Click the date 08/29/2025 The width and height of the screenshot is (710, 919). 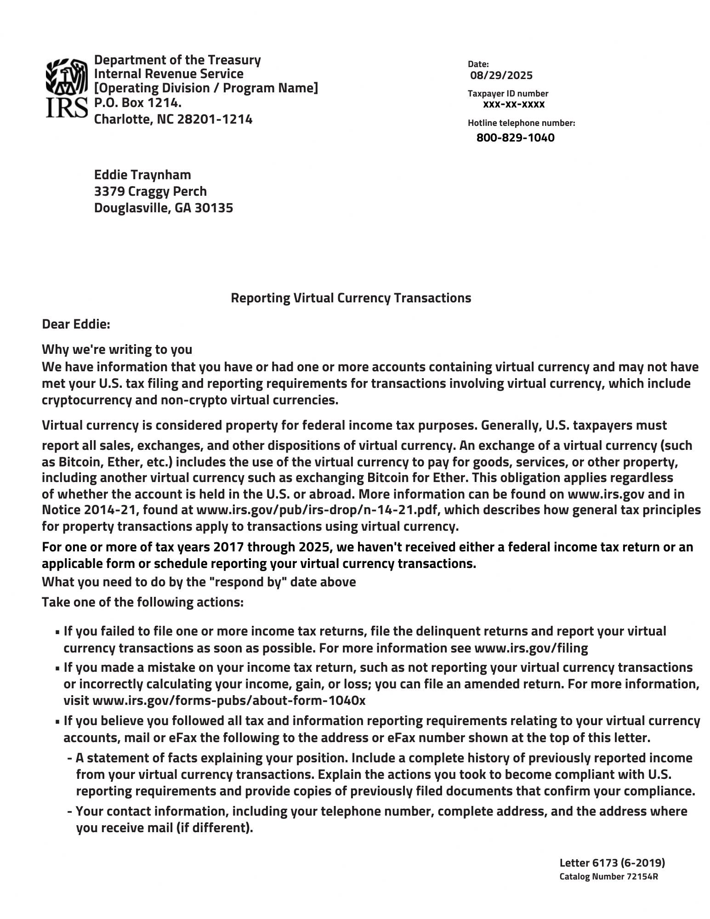[501, 75]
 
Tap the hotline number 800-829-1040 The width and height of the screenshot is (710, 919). [515, 138]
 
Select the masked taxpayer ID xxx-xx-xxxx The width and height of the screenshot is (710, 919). [513, 104]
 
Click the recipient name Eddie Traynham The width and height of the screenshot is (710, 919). [142, 175]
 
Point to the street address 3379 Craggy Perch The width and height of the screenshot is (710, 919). [150, 192]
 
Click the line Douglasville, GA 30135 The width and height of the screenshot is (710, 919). [163, 208]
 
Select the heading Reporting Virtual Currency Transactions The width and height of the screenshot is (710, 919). [351, 298]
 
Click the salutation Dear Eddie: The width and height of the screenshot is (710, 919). [76, 324]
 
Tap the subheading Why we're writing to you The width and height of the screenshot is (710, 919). [117, 350]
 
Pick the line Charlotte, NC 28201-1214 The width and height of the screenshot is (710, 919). [173, 119]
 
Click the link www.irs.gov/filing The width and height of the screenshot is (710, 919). [531, 648]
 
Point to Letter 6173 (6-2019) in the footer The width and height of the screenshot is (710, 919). [612, 862]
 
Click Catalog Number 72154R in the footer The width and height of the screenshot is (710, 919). [608, 876]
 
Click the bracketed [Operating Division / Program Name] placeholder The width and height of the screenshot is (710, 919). [206, 88]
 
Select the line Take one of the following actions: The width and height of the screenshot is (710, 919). [142, 602]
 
